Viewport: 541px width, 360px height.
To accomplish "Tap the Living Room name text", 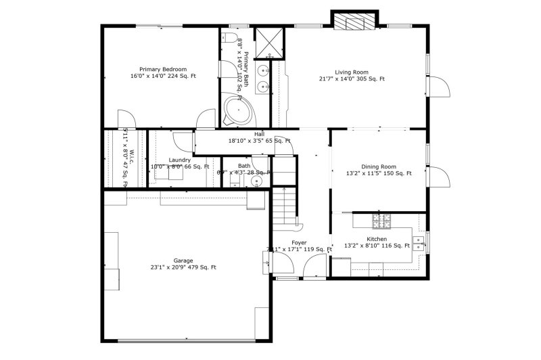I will (352, 72).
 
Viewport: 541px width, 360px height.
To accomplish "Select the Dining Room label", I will (379, 166).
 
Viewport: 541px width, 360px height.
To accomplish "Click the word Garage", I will (183, 261).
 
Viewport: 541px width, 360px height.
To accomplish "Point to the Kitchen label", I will (377, 240).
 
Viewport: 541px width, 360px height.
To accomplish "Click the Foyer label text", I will (299, 242).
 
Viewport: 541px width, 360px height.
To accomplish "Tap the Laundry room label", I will (180, 160).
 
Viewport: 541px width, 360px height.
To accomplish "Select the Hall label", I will (259, 135).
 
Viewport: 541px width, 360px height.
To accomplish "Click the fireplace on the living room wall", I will (354, 22).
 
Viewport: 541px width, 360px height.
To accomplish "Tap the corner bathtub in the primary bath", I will (237, 110).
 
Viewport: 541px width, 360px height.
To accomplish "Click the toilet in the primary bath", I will (230, 37).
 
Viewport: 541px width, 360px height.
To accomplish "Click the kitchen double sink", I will (420, 242).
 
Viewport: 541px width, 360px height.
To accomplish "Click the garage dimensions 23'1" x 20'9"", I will (183, 268).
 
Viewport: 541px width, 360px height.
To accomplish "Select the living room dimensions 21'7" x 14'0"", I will (352, 79).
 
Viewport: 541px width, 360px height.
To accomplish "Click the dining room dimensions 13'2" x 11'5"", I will (379, 174).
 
